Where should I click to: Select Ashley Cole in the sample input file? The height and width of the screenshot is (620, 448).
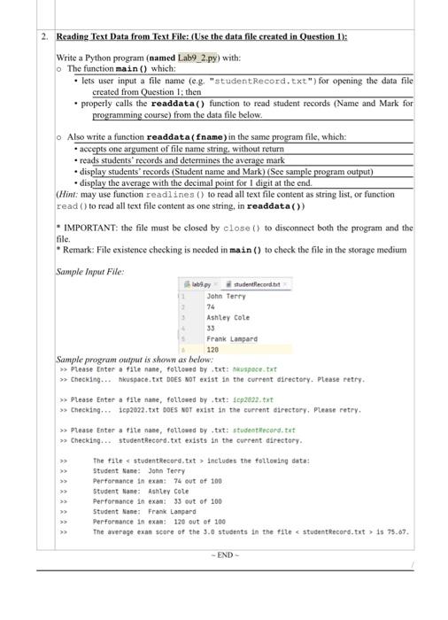[228, 317]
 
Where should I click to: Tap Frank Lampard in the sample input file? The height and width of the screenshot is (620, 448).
[231, 338]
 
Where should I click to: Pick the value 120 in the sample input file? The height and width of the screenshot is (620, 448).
[212, 350]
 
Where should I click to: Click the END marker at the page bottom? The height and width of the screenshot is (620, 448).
[225, 555]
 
